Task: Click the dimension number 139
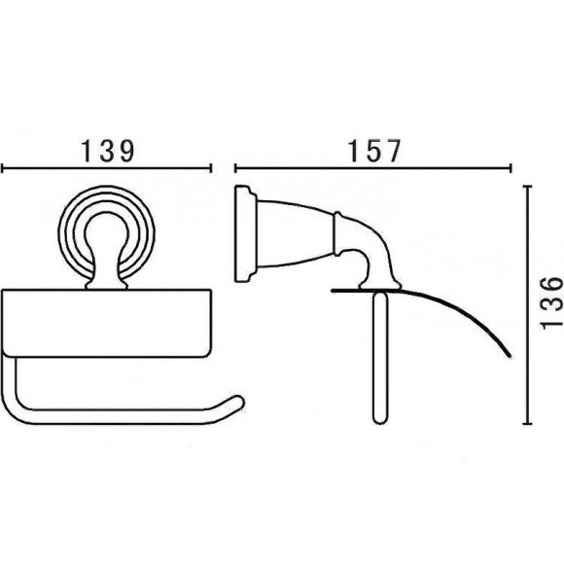coord(108,151)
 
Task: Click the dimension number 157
coord(374,151)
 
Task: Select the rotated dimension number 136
coord(551,302)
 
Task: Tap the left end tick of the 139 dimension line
coord(2,168)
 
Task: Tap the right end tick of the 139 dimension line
coord(210,168)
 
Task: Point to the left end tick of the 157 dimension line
coord(235,168)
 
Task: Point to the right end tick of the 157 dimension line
coord(511,168)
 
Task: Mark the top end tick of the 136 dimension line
coord(527,187)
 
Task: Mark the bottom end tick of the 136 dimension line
coord(527,424)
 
